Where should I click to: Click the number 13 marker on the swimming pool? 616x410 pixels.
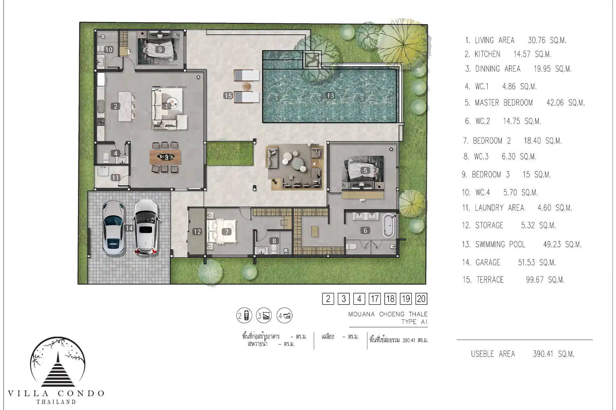[x=330, y=95]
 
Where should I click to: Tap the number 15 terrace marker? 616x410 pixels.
[x=228, y=95]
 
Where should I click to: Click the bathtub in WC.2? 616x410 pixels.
[x=389, y=225]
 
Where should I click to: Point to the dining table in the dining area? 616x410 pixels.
[x=166, y=157]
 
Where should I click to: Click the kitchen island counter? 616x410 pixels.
[x=125, y=106]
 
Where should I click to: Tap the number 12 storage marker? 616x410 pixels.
[x=197, y=232]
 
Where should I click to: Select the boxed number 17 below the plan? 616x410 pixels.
[x=375, y=299]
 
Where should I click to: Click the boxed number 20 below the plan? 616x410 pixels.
[x=421, y=299]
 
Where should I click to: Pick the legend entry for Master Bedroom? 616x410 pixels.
[x=525, y=103]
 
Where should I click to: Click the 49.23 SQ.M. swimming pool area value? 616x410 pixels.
[x=562, y=244]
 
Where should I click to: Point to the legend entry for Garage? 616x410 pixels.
[x=509, y=263]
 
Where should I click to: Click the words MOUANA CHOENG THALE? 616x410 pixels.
[x=388, y=314]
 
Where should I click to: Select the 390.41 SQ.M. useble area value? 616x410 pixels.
[x=554, y=354]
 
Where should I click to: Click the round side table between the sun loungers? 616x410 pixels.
[x=246, y=86]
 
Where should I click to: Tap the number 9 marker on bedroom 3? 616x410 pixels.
[x=160, y=50]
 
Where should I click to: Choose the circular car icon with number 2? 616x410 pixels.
[x=244, y=316]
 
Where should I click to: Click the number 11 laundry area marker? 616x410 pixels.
[x=115, y=177]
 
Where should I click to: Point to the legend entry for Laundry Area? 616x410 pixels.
[x=517, y=208]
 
